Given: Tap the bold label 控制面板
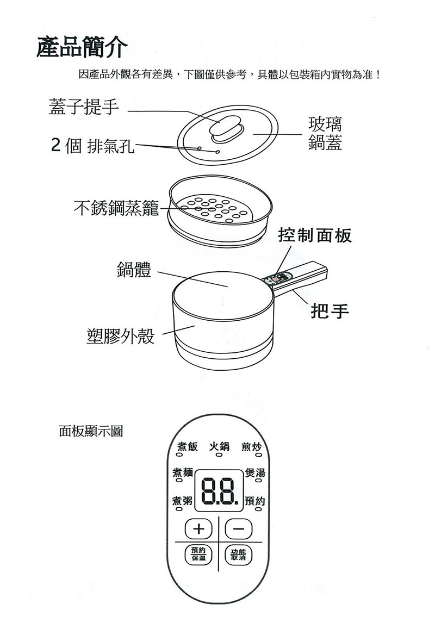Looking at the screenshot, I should pyautogui.click(x=315, y=235).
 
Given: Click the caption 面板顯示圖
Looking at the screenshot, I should pyautogui.click(x=90, y=432).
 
